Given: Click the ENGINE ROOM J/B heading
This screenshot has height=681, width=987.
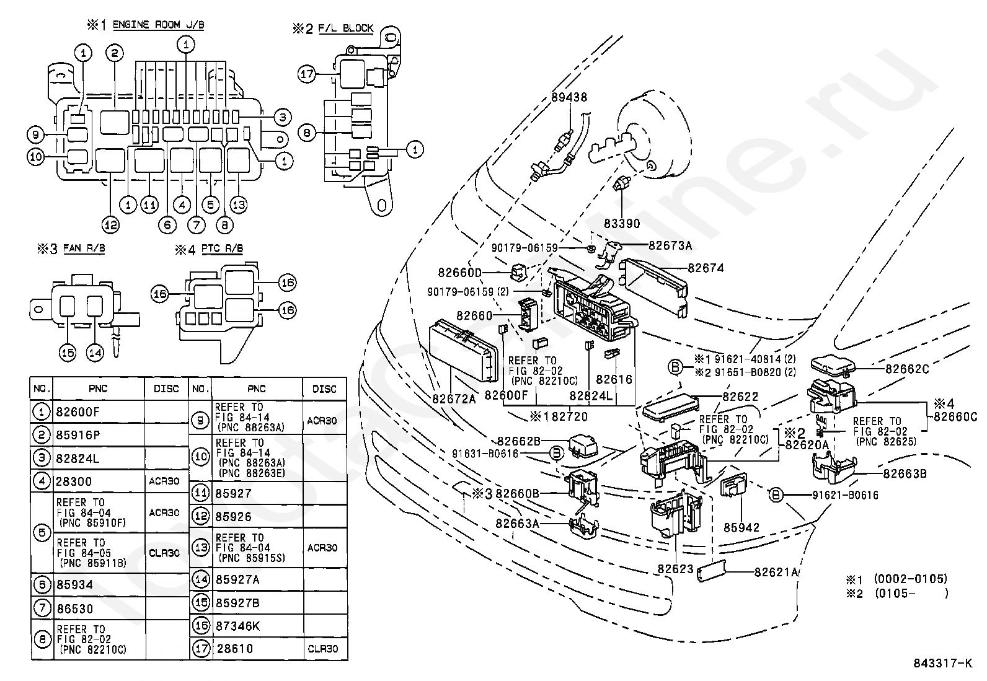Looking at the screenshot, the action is (158, 25).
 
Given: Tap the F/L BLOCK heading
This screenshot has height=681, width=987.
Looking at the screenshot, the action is (345, 29).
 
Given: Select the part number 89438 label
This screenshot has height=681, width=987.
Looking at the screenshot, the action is (569, 97).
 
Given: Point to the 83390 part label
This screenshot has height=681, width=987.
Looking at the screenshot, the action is (622, 224).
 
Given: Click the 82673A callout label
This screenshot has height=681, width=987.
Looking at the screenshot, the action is (670, 246).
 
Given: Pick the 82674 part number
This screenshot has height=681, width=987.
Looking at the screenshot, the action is (706, 268).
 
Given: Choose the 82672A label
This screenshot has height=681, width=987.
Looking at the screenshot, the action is (454, 398).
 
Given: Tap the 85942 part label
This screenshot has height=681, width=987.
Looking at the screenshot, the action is (741, 527).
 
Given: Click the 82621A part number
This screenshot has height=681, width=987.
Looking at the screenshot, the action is (776, 572).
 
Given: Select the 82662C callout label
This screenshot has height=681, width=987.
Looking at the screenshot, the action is (907, 369).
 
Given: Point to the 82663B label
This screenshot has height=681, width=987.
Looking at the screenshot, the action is (905, 474).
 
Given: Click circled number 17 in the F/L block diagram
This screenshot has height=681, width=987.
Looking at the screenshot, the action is (307, 74).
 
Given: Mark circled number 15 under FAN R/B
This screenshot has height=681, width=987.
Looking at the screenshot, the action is (68, 353).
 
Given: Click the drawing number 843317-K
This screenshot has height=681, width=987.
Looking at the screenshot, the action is (943, 663).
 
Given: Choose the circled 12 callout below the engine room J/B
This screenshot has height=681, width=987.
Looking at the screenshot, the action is (110, 226).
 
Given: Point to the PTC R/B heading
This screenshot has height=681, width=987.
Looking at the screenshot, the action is (222, 249).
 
